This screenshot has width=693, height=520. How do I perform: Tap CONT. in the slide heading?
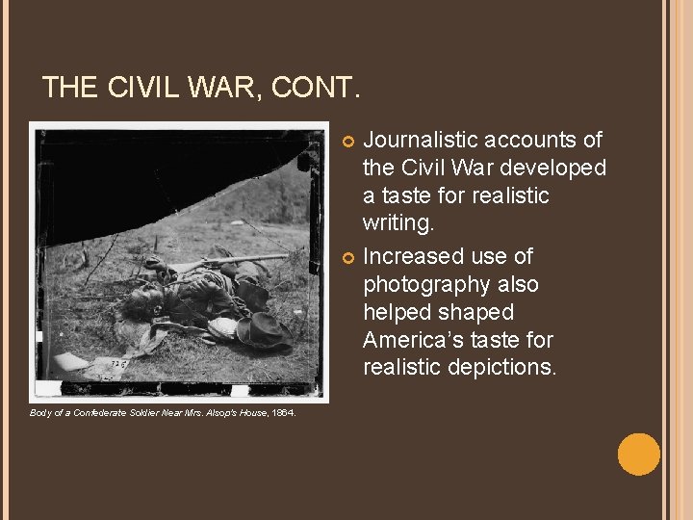pos(317,89)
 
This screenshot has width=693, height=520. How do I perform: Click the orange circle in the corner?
pos(638,455)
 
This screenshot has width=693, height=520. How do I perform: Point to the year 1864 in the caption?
pos(284,412)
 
